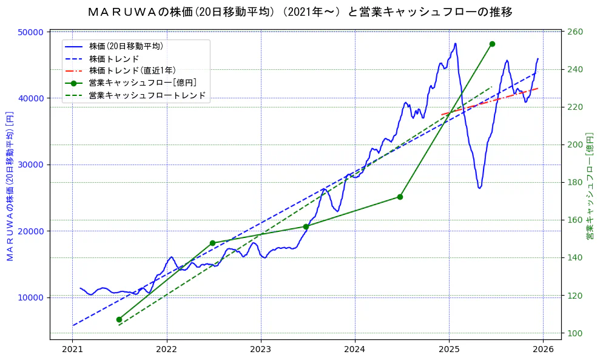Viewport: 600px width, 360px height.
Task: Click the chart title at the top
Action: [x=300, y=12]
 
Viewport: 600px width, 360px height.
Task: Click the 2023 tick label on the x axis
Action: [x=260, y=350]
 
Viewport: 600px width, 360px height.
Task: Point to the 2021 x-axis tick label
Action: [x=73, y=350]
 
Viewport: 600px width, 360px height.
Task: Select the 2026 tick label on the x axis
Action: [x=543, y=350]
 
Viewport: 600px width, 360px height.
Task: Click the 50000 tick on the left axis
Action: [x=32, y=32]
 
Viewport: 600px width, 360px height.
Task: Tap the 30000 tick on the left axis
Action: [x=32, y=165]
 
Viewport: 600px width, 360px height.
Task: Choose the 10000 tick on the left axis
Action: [x=32, y=297]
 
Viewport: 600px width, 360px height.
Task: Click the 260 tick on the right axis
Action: [x=575, y=32]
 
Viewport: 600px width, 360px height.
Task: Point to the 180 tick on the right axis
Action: [x=575, y=183]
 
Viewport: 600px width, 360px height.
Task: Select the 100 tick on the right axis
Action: [x=575, y=333]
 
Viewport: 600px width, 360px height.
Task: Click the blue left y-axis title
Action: [x=10, y=186]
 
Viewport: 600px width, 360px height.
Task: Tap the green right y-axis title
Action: [x=589, y=186]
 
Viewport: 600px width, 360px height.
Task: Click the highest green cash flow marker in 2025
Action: [x=492, y=44]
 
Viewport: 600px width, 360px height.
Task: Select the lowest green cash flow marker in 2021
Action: [x=119, y=319]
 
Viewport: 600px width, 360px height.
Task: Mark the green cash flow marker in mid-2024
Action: [x=400, y=197]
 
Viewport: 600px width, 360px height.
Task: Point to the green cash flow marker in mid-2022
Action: [x=212, y=243]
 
